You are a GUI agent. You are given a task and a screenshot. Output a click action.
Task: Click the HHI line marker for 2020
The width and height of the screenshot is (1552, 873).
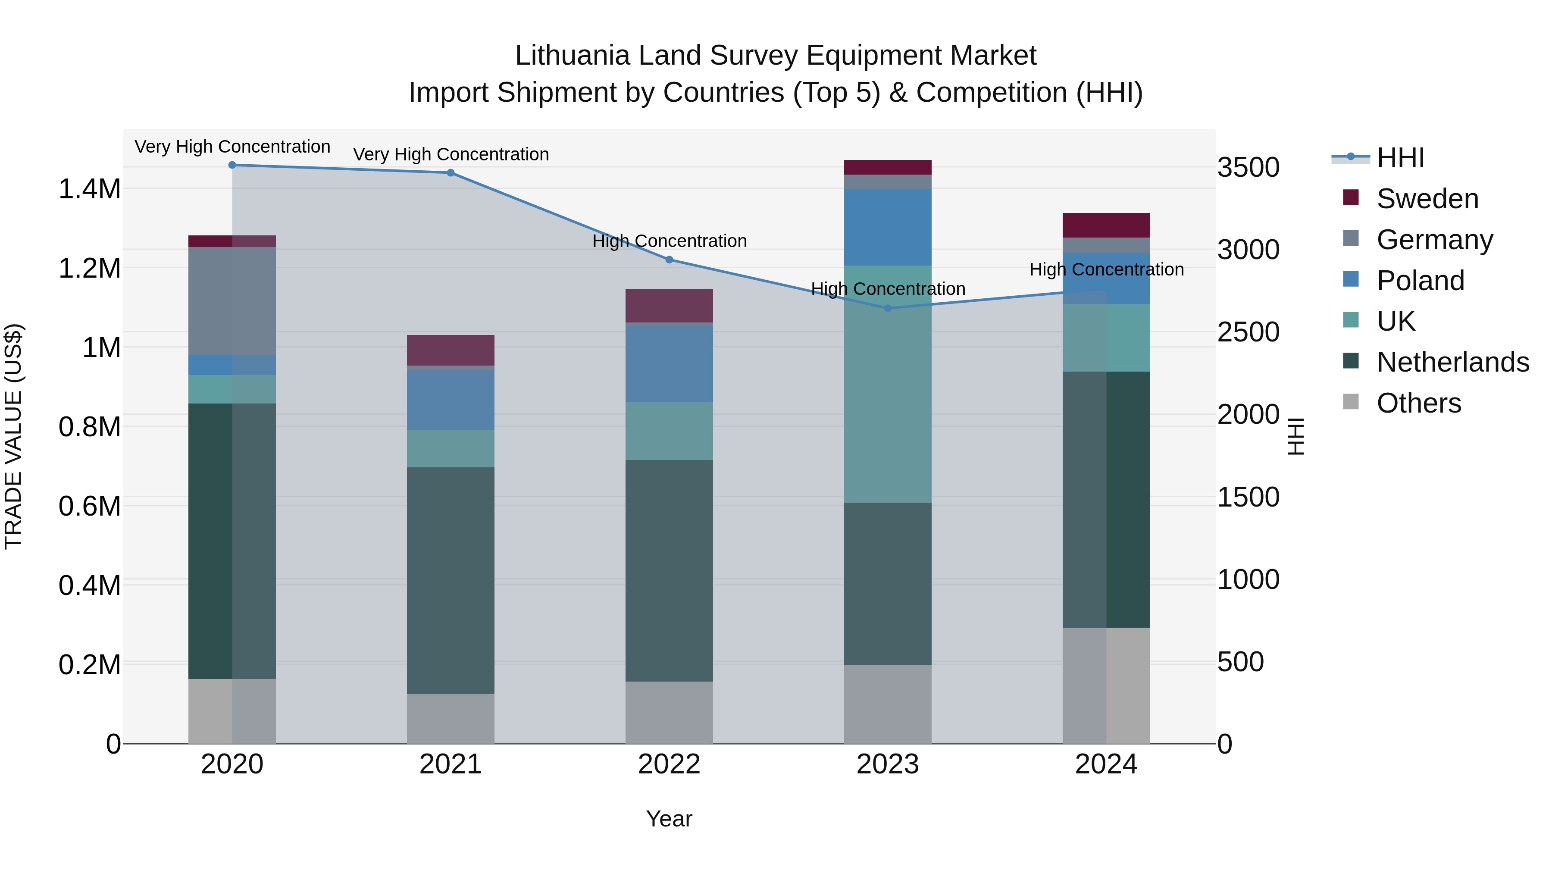[232, 165]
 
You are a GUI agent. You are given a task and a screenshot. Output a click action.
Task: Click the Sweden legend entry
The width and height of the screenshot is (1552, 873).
[1427, 199]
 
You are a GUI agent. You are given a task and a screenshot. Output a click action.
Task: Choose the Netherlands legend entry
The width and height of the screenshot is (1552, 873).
[1452, 362]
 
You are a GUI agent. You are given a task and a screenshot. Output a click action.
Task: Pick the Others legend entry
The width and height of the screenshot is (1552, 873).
[1418, 403]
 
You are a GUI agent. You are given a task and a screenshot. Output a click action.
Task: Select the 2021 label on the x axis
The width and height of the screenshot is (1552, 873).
[451, 764]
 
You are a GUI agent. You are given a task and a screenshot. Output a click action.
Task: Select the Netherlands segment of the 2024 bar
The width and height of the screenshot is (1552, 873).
[1106, 500]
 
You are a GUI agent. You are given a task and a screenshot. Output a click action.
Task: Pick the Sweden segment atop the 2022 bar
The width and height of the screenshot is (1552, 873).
[669, 306]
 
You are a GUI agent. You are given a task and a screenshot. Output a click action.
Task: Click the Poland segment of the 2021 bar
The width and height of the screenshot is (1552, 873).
[451, 400]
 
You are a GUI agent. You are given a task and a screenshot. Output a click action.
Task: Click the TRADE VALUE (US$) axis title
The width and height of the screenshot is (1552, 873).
[13, 437]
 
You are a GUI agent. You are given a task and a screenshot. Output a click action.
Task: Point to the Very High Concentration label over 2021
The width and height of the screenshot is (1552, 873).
[451, 155]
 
